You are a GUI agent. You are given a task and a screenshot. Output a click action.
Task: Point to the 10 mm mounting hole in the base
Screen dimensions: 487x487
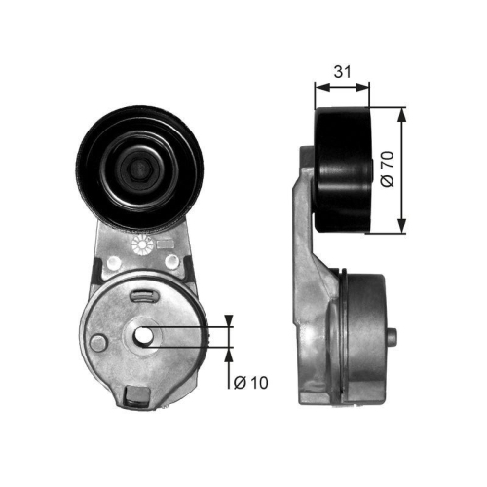144,337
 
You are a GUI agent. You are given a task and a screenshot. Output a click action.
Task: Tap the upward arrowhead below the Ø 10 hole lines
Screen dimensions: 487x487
230,353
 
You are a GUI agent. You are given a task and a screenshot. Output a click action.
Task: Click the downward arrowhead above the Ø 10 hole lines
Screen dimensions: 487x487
230,320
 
